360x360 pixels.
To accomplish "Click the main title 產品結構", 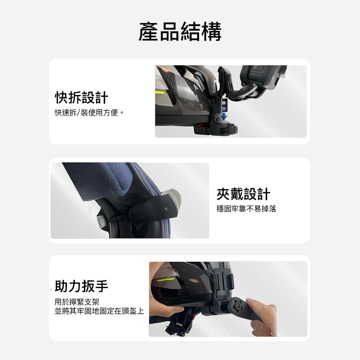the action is (180, 32).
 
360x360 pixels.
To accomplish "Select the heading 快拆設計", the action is (81, 97).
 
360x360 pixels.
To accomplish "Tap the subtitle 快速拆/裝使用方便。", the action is (89, 112).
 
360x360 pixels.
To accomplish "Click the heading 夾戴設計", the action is (243, 194).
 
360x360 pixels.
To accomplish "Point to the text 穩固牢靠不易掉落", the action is (246, 209).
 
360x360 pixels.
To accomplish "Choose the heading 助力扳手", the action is (81, 286).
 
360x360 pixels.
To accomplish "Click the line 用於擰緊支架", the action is (77, 302).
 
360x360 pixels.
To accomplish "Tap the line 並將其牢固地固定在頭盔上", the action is (99, 311).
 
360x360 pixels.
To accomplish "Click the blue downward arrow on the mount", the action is (224, 117).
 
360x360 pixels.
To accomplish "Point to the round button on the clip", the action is (168, 208).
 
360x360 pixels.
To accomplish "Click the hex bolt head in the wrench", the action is (239, 306).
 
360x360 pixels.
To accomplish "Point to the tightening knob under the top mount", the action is (228, 130).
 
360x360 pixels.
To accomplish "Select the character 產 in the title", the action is (149, 32).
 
